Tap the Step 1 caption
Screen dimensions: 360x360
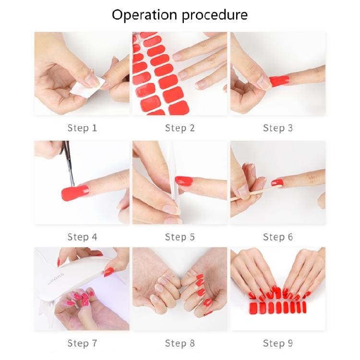[x=82, y=128]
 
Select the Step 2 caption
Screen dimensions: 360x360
[x=180, y=128]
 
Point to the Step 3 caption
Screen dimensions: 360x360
[x=277, y=128]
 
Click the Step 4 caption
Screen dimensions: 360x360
[x=82, y=237]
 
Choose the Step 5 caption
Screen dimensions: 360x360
[x=180, y=237]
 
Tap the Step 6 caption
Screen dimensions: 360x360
[x=277, y=237]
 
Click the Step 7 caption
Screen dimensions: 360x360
[x=82, y=343]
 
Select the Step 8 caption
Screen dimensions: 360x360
[x=180, y=343]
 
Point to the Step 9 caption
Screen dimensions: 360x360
[x=277, y=343]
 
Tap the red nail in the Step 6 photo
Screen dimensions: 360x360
[x=277, y=182]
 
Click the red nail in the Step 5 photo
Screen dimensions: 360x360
[x=183, y=180]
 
